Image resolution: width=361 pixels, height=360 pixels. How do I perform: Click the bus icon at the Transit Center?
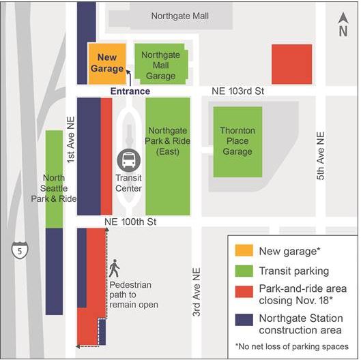coord(128,160)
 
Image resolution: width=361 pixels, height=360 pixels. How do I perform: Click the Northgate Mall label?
coord(180,16)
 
